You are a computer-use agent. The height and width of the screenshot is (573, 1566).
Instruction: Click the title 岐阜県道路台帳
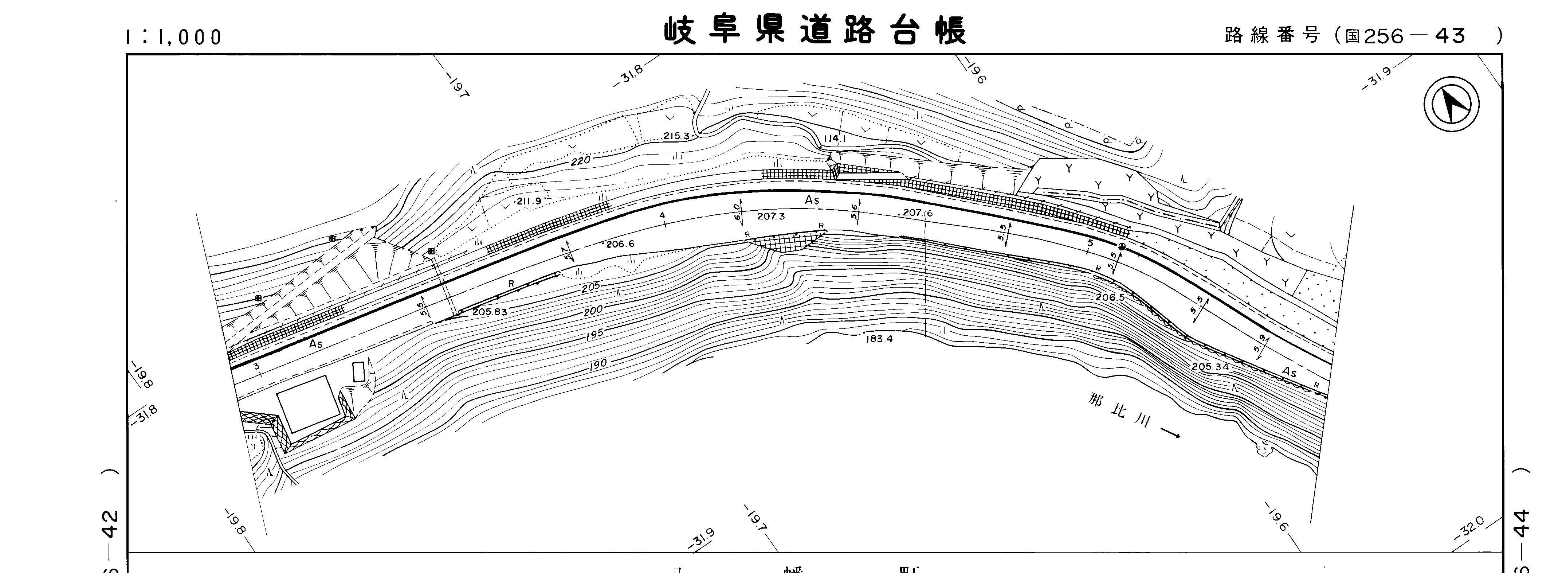[815, 30]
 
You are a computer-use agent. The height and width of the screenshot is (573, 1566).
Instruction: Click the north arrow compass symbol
[1451, 105]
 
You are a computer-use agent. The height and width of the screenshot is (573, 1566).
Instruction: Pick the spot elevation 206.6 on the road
[620, 244]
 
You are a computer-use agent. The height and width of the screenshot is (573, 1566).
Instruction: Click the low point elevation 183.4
[879, 339]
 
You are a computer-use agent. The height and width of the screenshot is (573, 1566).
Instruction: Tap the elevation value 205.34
[1210, 367]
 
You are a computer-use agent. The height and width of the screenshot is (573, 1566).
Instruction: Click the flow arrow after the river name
[1170, 433]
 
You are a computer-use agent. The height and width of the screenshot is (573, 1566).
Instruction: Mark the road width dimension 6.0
[737, 212]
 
